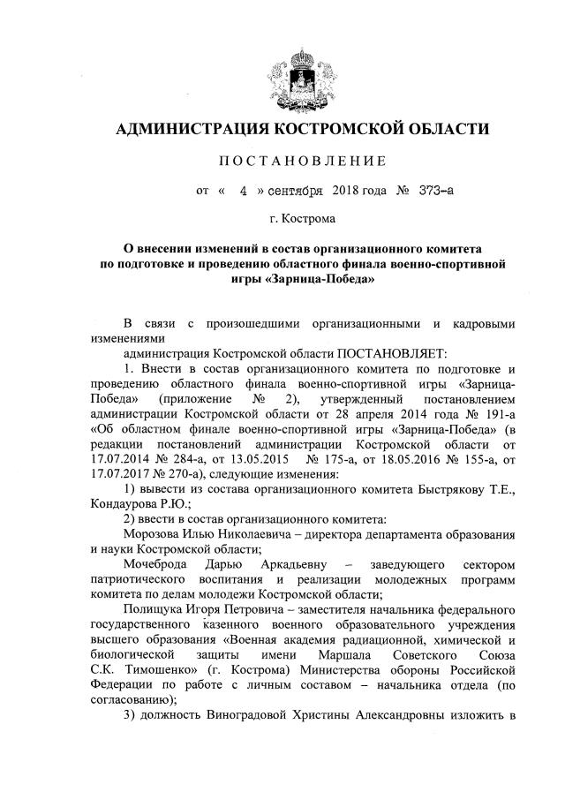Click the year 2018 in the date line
pos(345,189)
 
